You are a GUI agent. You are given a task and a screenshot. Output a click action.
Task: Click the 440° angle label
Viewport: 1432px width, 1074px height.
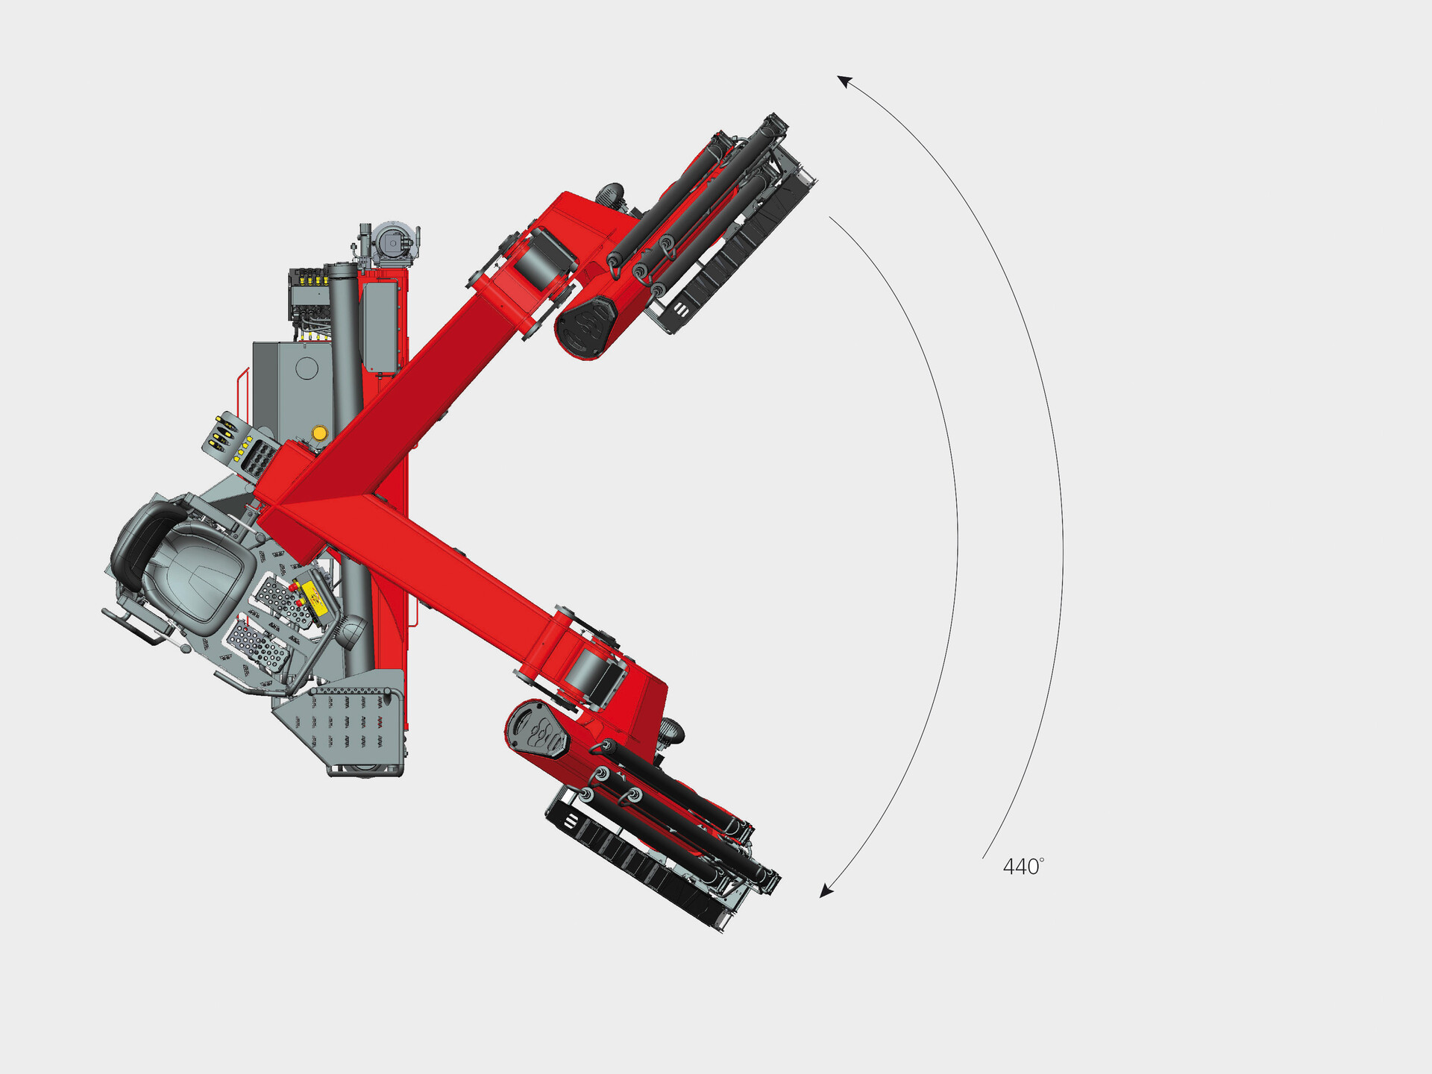[x=1023, y=866]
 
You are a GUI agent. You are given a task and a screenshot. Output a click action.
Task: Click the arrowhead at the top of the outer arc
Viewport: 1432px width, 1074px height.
[x=844, y=81]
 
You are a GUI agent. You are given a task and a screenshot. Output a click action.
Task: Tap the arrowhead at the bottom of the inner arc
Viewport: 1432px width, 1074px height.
[x=826, y=890]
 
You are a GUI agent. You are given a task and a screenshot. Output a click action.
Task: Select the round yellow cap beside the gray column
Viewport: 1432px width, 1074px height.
[x=319, y=433]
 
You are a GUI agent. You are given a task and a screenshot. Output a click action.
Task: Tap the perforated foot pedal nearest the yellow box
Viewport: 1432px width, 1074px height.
[x=283, y=600]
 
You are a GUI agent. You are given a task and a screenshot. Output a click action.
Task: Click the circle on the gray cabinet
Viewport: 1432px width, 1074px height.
[x=307, y=368]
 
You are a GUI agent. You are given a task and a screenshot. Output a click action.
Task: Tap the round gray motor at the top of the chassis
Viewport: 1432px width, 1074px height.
[x=393, y=242]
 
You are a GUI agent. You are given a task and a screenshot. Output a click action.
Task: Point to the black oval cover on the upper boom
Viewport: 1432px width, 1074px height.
[x=585, y=326]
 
